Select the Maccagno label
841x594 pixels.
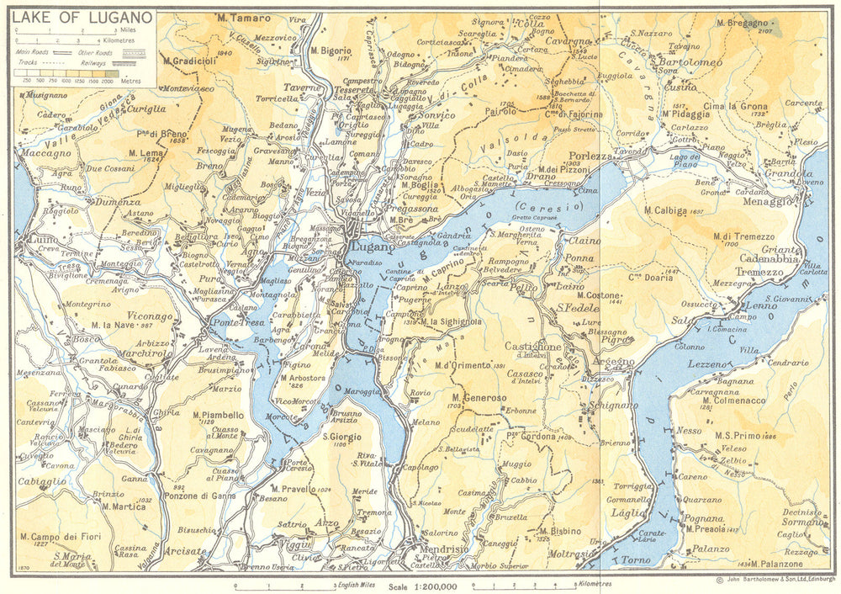click(47, 154)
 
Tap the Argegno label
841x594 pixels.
click(615, 362)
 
